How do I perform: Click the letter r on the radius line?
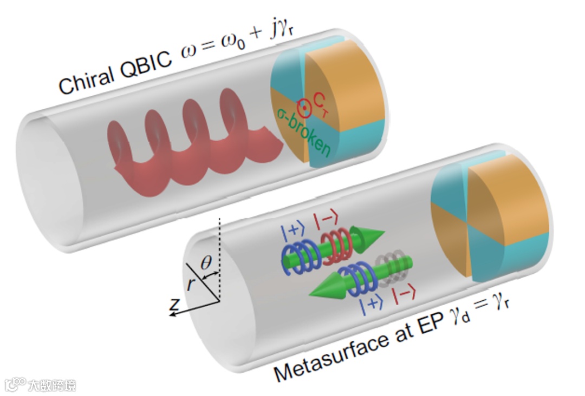click(x=190, y=283)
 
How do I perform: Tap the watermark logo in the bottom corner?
click(x=16, y=385)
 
